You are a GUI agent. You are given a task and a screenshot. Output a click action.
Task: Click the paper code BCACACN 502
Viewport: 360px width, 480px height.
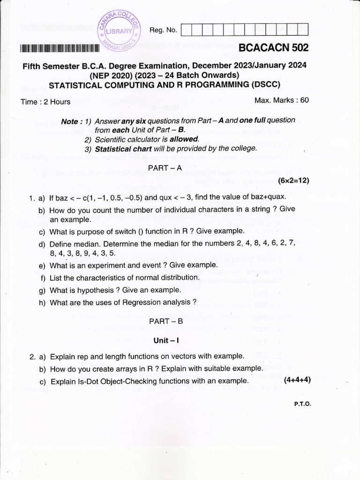(x=273, y=48)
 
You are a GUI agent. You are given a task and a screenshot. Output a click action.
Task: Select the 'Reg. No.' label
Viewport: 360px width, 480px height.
(x=163, y=30)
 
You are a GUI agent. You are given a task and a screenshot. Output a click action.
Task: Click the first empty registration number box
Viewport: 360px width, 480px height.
(x=186, y=30)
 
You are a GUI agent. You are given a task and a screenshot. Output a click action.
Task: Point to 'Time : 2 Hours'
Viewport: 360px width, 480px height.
(x=45, y=102)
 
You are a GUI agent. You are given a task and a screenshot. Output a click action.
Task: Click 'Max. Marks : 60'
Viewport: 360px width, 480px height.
(x=281, y=100)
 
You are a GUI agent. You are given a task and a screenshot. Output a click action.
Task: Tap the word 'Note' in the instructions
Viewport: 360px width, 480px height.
(x=70, y=121)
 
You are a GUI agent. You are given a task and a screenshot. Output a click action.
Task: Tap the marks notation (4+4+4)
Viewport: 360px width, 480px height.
(x=297, y=379)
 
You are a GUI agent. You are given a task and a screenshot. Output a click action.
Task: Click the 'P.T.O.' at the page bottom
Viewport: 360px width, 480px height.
(x=302, y=404)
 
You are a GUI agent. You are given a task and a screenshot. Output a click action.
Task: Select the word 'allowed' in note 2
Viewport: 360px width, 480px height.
(x=184, y=139)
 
